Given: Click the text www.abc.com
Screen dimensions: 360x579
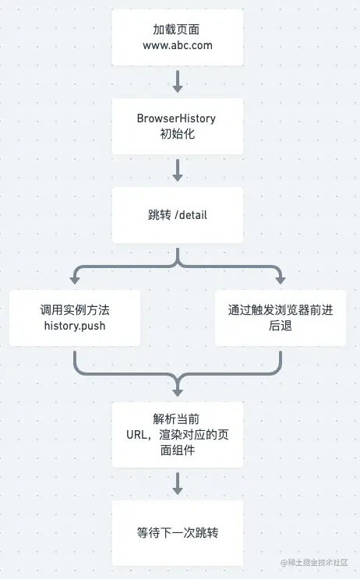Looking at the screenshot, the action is point(178,45).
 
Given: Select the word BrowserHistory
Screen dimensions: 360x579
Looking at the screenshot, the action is point(176,118).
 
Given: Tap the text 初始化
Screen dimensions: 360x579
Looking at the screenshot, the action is point(177,134).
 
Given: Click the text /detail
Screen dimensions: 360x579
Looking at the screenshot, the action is point(191,215).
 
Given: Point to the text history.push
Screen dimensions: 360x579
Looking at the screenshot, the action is point(75,326).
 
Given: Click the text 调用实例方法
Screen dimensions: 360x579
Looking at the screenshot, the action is point(75,310).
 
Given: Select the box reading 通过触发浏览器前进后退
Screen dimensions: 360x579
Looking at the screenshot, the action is point(281,318).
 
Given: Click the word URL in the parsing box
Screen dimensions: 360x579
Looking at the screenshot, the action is point(136,435).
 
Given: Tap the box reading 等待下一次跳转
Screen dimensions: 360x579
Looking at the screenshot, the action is point(178,533).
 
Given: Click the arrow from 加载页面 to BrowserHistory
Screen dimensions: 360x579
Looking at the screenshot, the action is point(178,82).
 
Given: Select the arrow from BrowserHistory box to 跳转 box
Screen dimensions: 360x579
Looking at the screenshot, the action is point(178,170).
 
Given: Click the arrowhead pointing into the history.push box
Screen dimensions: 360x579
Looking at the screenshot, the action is point(75,280).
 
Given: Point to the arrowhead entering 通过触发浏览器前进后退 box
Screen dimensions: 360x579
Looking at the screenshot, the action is point(281,280).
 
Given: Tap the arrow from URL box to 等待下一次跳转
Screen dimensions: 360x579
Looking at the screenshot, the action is point(178,483).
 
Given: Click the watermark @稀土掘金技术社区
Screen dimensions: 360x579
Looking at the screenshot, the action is point(314,563).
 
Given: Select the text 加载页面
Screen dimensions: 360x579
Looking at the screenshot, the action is point(176,30).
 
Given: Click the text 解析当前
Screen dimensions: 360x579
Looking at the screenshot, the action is point(176,419).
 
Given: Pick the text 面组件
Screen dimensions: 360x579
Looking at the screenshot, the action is point(177,450).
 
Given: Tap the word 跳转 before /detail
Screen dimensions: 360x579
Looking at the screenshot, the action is point(160,215).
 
